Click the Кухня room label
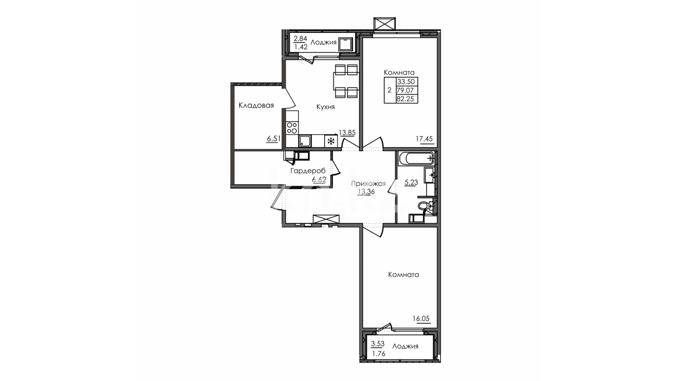click(325, 107)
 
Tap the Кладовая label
click(256, 105)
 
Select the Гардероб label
click(308, 171)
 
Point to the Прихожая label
click(368, 184)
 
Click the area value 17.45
click(424, 139)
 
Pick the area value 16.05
click(421, 319)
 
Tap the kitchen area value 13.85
click(347, 133)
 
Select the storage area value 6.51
click(274, 139)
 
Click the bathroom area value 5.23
click(411, 182)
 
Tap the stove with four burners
click(292, 128)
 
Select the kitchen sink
click(305, 141)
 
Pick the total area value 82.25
click(405, 99)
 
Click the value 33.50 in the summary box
click(406, 82)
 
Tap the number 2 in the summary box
click(389, 90)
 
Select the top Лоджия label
click(323, 43)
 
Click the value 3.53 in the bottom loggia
click(378, 344)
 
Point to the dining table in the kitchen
click(346, 81)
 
